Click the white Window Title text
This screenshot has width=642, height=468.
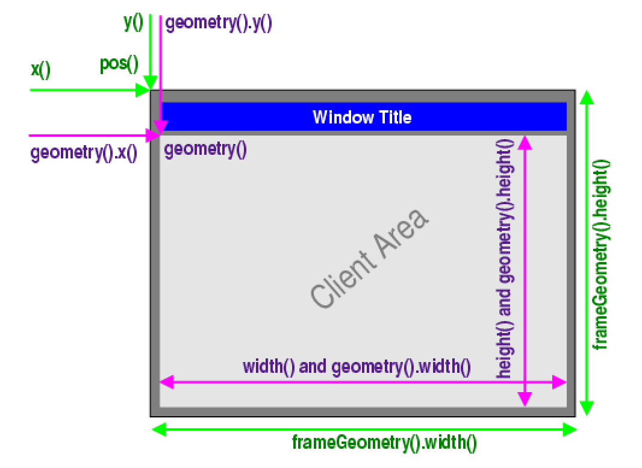362,117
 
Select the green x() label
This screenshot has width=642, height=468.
41,69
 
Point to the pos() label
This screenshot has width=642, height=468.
119,64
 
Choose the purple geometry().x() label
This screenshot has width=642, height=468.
84,153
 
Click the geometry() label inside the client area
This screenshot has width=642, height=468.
205,149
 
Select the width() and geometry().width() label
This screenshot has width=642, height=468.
357,367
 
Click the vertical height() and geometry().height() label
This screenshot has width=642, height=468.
505,259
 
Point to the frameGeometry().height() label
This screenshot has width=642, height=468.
601,255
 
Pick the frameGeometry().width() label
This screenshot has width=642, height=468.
384,444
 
